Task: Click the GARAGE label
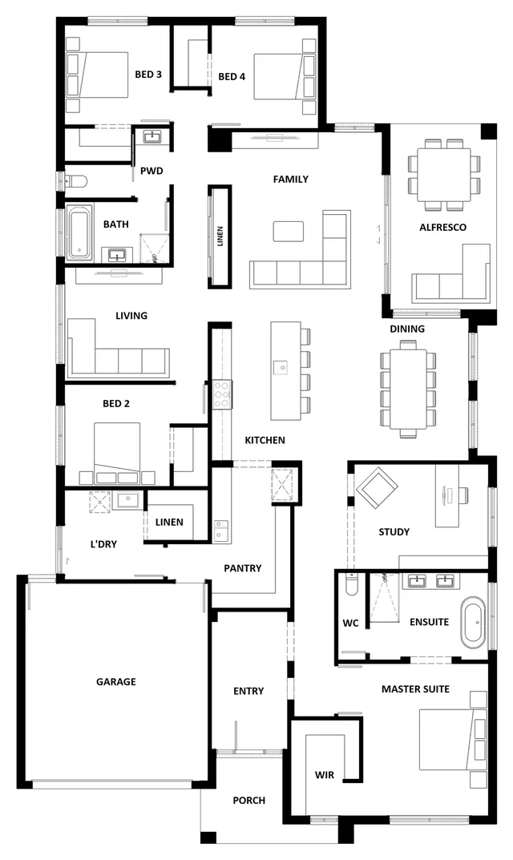[116, 682]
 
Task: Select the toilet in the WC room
[349, 587]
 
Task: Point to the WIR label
[325, 775]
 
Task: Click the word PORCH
[248, 800]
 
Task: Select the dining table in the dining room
[409, 389]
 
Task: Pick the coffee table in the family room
[289, 232]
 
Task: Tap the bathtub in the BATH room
[79, 233]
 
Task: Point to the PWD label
[151, 171]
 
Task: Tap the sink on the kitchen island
[280, 367]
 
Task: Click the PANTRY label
[242, 568]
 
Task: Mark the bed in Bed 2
[119, 453]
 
